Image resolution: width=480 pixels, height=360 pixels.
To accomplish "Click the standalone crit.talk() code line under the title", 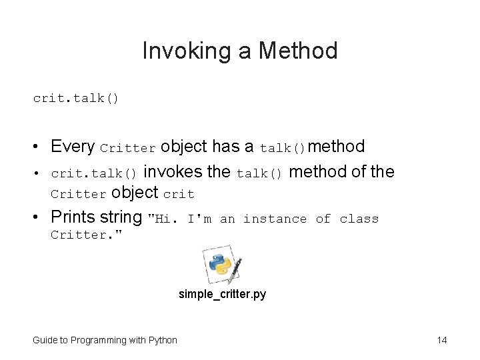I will (76, 98).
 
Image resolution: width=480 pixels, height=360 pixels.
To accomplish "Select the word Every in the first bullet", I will (72, 146).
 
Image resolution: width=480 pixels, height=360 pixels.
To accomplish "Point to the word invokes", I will (173, 172).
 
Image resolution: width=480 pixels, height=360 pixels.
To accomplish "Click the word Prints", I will (71, 218).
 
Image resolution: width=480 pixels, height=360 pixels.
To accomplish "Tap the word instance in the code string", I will (275, 219).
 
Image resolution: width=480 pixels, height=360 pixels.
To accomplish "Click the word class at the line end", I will (359, 219).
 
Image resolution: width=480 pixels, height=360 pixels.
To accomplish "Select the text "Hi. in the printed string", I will (163, 219).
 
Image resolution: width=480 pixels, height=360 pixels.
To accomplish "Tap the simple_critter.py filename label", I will (222, 294).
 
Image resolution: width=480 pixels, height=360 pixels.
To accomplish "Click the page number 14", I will (441, 341).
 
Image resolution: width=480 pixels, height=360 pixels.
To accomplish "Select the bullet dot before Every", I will (39, 147).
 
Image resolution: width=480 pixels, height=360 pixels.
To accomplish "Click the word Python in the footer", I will (163, 341).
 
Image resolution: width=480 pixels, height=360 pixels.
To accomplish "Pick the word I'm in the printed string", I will (199, 219).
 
